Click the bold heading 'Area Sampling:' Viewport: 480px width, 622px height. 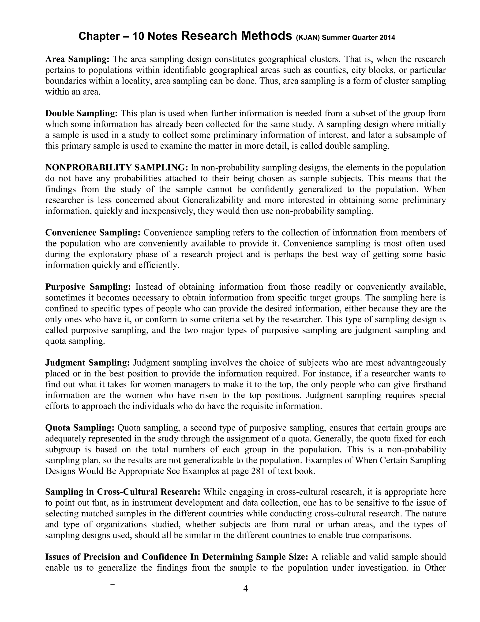click(77, 59)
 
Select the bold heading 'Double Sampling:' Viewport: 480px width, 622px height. click(81, 113)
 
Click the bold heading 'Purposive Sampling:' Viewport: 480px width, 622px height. click(88, 287)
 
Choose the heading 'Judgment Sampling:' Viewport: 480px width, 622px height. click(87, 363)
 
